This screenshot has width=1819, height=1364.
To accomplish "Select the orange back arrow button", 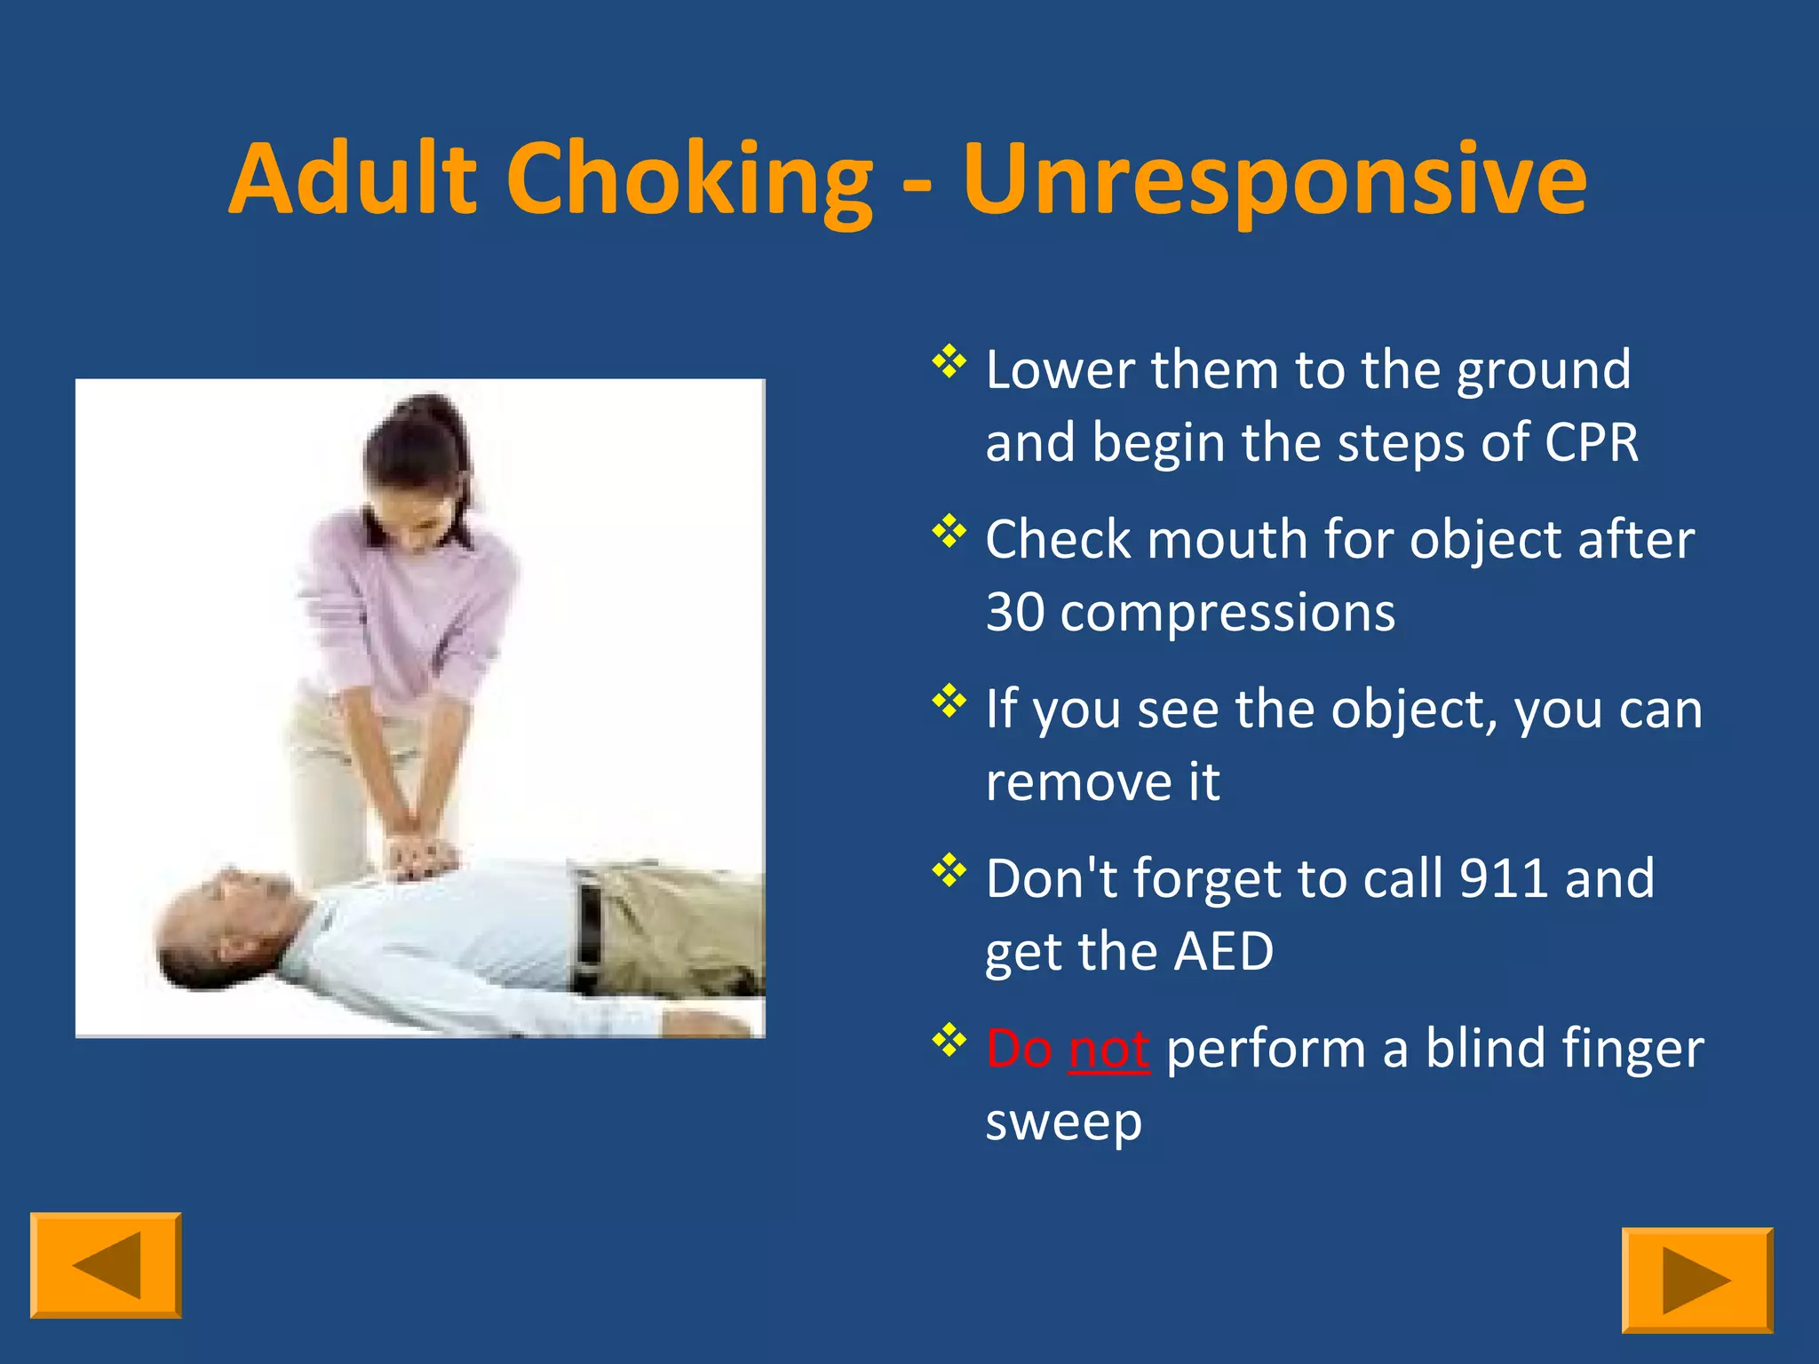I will tap(106, 1265).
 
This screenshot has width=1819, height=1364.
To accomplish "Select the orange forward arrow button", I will tap(1696, 1280).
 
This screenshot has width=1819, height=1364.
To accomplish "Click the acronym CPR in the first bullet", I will tap(1591, 442).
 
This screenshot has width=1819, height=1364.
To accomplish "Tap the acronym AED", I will tap(1223, 951).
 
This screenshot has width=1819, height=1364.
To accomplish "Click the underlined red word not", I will tap(1108, 1049).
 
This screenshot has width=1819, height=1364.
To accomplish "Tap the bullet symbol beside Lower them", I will tap(949, 361).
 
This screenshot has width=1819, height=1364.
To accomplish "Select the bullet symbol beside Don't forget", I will tap(949, 870).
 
